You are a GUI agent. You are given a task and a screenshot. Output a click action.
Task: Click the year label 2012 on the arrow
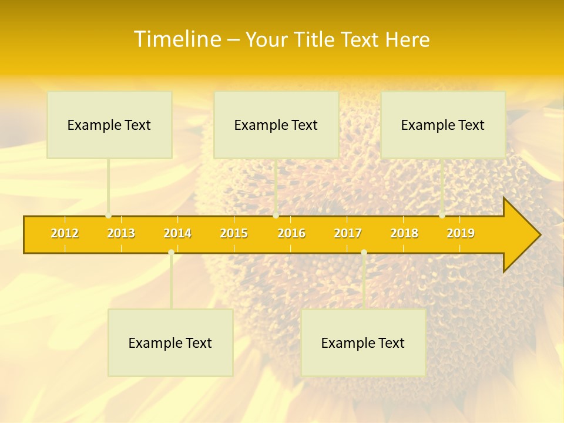click(x=65, y=233)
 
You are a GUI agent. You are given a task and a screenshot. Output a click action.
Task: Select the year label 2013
click(x=121, y=233)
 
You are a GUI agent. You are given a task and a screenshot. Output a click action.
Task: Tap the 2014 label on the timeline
click(x=177, y=233)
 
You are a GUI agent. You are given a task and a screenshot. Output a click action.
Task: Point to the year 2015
click(x=234, y=233)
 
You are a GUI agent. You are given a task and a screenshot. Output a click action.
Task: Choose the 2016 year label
click(x=291, y=233)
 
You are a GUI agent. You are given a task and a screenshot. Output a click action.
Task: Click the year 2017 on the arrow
click(x=348, y=233)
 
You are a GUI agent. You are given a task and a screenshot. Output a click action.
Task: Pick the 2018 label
click(x=404, y=233)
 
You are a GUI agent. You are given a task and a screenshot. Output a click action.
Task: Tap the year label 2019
click(x=461, y=233)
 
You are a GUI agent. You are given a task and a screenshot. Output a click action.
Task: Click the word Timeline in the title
click(x=176, y=39)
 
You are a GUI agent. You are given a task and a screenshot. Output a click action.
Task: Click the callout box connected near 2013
click(x=109, y=125)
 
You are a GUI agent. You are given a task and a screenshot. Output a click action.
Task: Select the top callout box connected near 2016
click(x=276, y=125)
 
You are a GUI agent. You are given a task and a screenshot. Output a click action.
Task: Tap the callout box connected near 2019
click(x=443, y=125)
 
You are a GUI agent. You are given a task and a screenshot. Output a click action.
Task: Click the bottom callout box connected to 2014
click(x=170, y=343)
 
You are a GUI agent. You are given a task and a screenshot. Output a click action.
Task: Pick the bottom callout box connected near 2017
click(x=363, y=343)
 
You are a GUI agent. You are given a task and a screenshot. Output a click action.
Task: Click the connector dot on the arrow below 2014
click(x=171, y=252)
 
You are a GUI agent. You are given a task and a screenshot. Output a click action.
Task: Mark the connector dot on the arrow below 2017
click(x=364, y=252)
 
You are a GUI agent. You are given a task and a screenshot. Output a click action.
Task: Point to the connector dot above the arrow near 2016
click(x=276, y=216)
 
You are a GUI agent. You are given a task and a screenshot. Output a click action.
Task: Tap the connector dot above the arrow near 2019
click(x=442, y=216)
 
